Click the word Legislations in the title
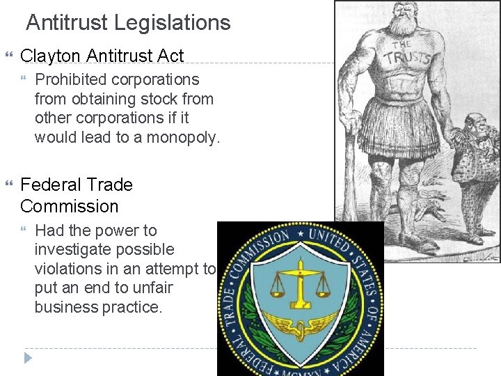[x=173, y=23]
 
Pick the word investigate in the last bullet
[x=73, y=249]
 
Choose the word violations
[x=67, y=269]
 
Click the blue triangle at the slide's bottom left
[x=27, y=358]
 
